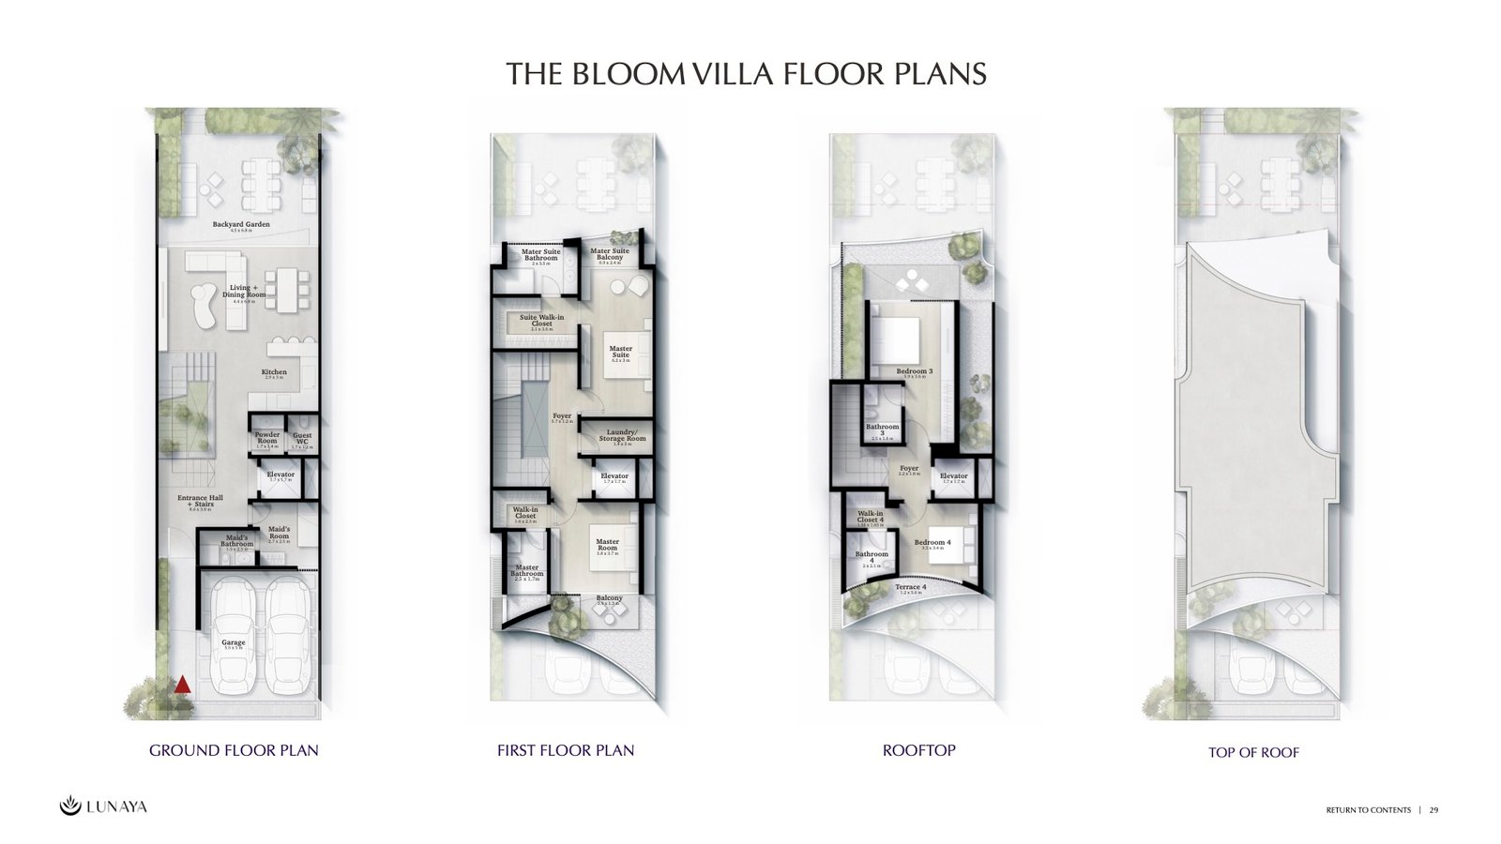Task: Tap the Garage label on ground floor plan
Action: tap(234, 643)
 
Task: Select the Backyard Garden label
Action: tap(241, 225)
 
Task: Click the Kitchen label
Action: tap(274, 372)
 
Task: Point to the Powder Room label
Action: tap(267, 438)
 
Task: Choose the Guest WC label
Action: tap(302, 438)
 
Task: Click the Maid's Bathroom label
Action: tap(236, 541)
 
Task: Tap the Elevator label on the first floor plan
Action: tap(614, 476)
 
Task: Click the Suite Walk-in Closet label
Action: tap(541, 321)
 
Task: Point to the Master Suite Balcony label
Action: tap(610, 254)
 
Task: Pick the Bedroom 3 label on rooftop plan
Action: tap(914, 371)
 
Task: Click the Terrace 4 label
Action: tap(910, 587)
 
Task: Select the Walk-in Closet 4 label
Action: tap(871, 517)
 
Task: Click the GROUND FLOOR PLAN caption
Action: tap(234, 750)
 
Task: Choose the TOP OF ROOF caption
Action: tap(1253, 752)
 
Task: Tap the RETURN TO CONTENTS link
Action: tap(1368, 810)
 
